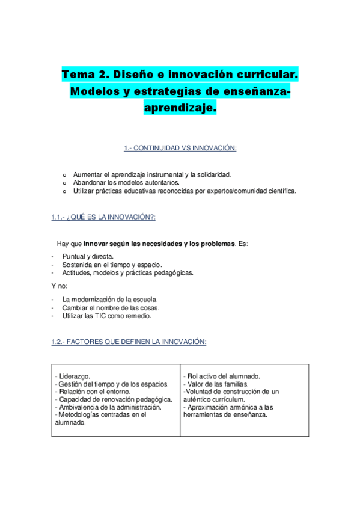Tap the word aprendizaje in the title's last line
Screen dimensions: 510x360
(178, 108)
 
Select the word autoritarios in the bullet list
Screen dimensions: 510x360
(161, 182)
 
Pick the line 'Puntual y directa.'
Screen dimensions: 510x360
(88, 256)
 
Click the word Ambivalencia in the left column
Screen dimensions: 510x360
(80, 407)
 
